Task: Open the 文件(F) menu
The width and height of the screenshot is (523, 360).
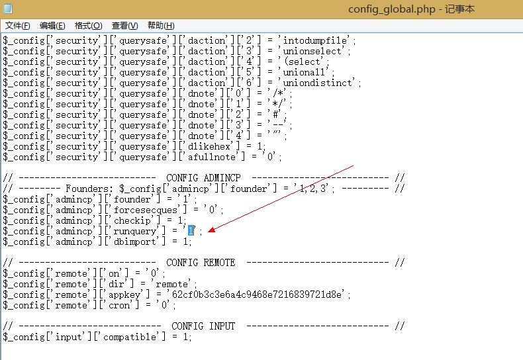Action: [18, 26]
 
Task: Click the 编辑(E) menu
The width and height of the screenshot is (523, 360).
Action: [52, 26]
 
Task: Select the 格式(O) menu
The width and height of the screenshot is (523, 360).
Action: [88, 26]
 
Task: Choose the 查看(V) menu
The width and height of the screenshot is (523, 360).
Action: [124, 26]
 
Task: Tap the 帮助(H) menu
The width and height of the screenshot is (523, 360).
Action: [161, 26]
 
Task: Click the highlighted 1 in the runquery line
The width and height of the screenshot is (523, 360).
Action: [191, 230]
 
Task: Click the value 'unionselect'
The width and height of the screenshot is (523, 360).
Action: [314, 51]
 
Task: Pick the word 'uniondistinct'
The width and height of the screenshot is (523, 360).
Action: [322, 83]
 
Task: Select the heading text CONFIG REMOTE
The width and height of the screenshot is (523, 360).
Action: [201, 263]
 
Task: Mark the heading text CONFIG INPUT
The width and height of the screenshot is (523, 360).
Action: [203, 326]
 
